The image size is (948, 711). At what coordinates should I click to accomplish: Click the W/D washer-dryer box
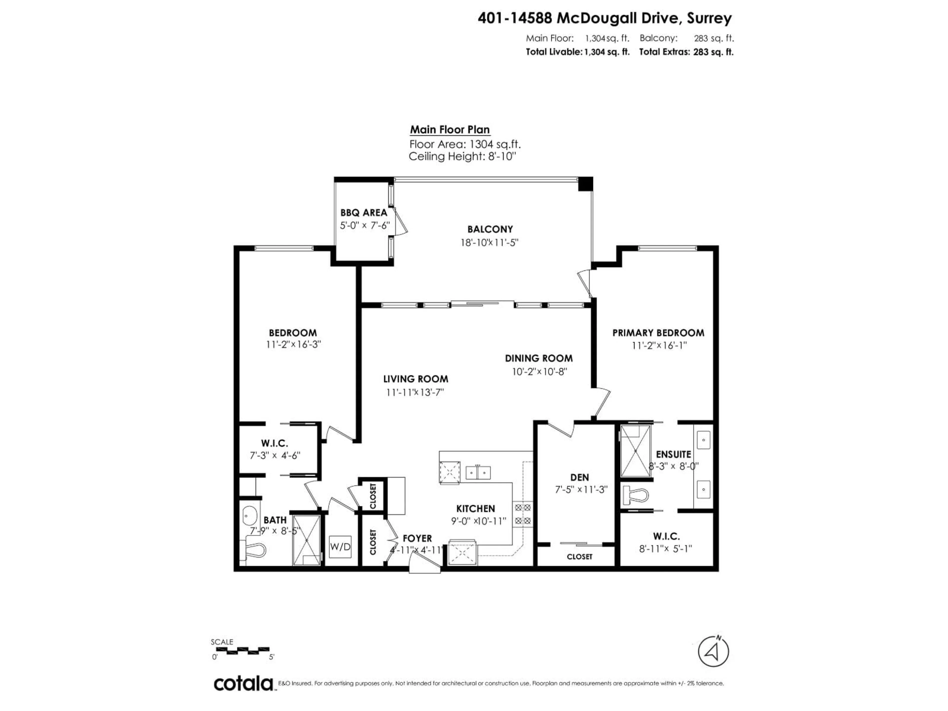pos(340,547)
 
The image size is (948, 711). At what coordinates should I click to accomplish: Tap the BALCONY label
pos(490,229)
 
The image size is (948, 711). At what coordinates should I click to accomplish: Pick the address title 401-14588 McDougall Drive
pos(604,19)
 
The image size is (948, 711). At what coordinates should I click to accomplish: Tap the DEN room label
pos(579,477)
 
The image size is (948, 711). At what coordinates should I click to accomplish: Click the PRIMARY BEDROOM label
pos(658,333)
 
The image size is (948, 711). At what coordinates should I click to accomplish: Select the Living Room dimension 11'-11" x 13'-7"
pos(415,392)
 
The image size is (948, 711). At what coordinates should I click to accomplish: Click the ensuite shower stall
pos(635,451)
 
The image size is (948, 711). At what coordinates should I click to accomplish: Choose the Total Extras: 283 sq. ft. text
pos(686,52)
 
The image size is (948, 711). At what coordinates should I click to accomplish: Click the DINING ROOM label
pos(538,358)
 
